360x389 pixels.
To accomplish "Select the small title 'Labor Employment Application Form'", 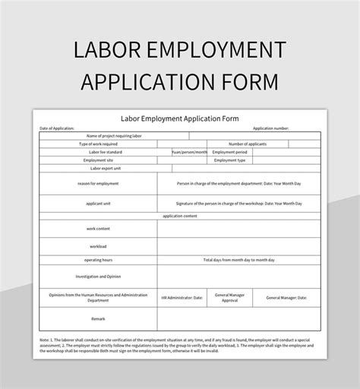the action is point(179,119).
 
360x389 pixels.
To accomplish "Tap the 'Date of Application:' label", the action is point(57,128).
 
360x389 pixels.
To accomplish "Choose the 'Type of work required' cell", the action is point(98,144).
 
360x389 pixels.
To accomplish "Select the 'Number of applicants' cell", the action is point(247,144).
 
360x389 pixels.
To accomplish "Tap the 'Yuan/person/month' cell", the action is point(189,152).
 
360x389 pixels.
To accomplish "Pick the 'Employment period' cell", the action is point(230,152).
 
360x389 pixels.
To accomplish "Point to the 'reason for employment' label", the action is point(98,183).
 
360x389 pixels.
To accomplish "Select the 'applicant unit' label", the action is point(98,204).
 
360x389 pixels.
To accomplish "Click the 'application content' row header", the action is point(180,216).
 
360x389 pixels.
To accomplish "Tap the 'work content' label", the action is point(98,229).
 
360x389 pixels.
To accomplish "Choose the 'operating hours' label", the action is point(98,259).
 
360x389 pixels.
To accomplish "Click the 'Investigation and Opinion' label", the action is point(98,276).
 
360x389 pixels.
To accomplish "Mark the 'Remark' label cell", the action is point(98,319).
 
